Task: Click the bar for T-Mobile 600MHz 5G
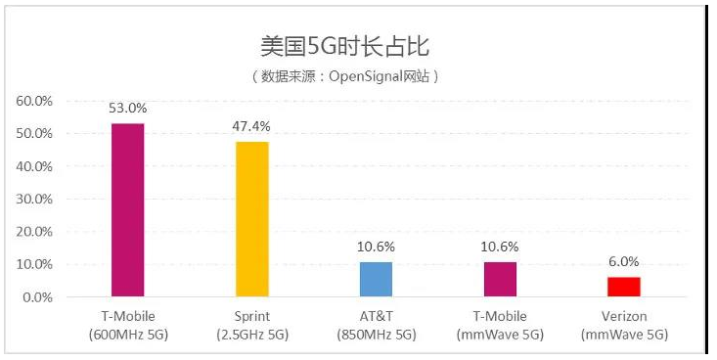point(127,209)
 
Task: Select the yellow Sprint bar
point(251,219)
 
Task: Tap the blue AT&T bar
point(376,279)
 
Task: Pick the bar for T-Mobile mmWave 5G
point(500,279)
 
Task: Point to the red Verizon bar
point(624,287)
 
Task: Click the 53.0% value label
point(127,109)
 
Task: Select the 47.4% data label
point(251,127)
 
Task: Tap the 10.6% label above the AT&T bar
point(376,247)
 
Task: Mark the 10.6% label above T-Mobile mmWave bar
point(500,247)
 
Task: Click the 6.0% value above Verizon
point(624,262)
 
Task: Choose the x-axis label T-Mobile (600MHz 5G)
point(127,325)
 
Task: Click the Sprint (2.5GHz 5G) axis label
point(251,325)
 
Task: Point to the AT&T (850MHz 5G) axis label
point(376,325)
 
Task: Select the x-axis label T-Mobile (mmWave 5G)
point(500,325)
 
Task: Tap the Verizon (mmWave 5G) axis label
point(624,325)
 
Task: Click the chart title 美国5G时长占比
point(345,45)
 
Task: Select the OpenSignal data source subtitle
point(345,75)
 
